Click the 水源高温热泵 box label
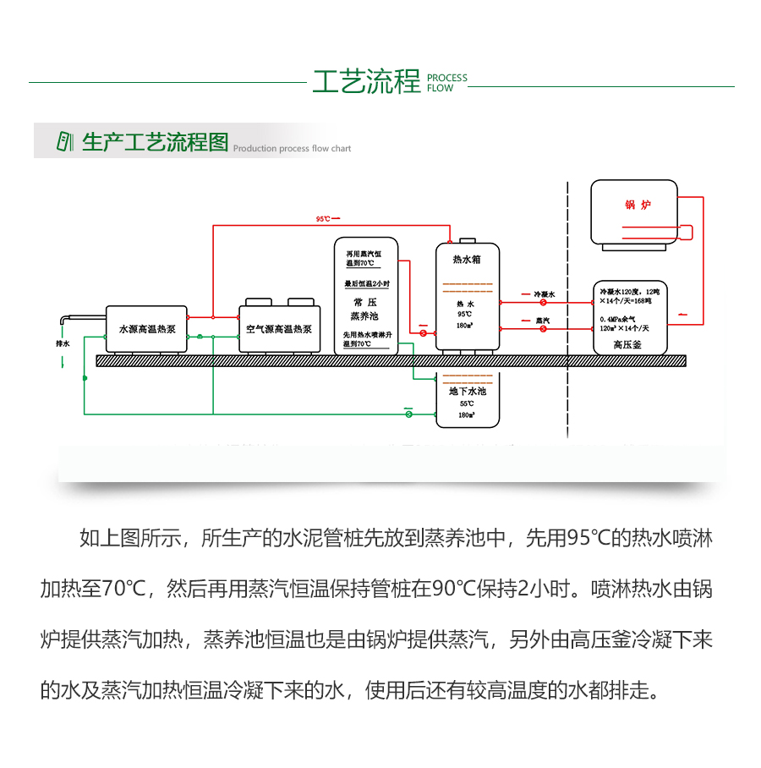146,329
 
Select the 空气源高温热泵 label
279,329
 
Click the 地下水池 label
467,392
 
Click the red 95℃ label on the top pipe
323,218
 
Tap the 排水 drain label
63,344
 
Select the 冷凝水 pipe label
544,294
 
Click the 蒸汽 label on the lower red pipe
544,321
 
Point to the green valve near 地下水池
408,414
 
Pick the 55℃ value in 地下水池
466,404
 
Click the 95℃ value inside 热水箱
466,314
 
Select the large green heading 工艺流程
366,83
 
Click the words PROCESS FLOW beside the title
446,83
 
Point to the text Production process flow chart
292,149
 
